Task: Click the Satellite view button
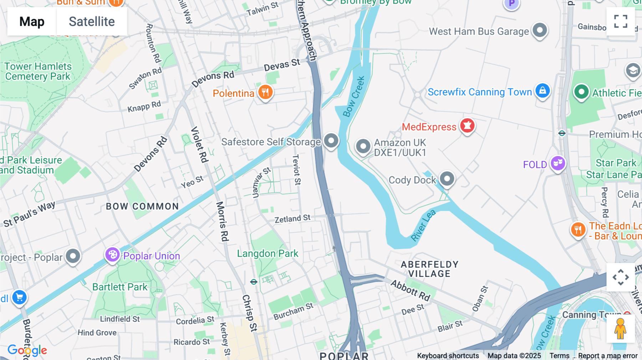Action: (x=92, y=21)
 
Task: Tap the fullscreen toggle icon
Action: (x=621, y=21)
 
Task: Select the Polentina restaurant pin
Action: (x=265, y=92)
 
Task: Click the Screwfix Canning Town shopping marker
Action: (x=542, y=91)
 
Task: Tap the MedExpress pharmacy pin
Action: (x=467, y=125)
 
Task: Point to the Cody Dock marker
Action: (x=447, y=178)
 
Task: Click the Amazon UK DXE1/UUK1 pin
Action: (x=363, y=146)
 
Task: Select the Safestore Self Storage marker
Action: (x=331, y=140)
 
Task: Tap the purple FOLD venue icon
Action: (x=558, y=163)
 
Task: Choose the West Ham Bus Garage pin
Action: (x=540, y=30)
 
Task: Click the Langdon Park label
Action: (x=267, y=253)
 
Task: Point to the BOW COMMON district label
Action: (x=142, y=206)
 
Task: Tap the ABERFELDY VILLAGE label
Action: (x=429, y=269)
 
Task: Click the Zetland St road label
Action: (x=292, y=218)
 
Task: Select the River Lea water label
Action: (x=423, y=225)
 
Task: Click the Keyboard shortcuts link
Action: (x=448, y=356)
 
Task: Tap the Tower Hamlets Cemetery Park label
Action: (x=38, y=71)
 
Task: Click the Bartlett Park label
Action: (x=120, y=287)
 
